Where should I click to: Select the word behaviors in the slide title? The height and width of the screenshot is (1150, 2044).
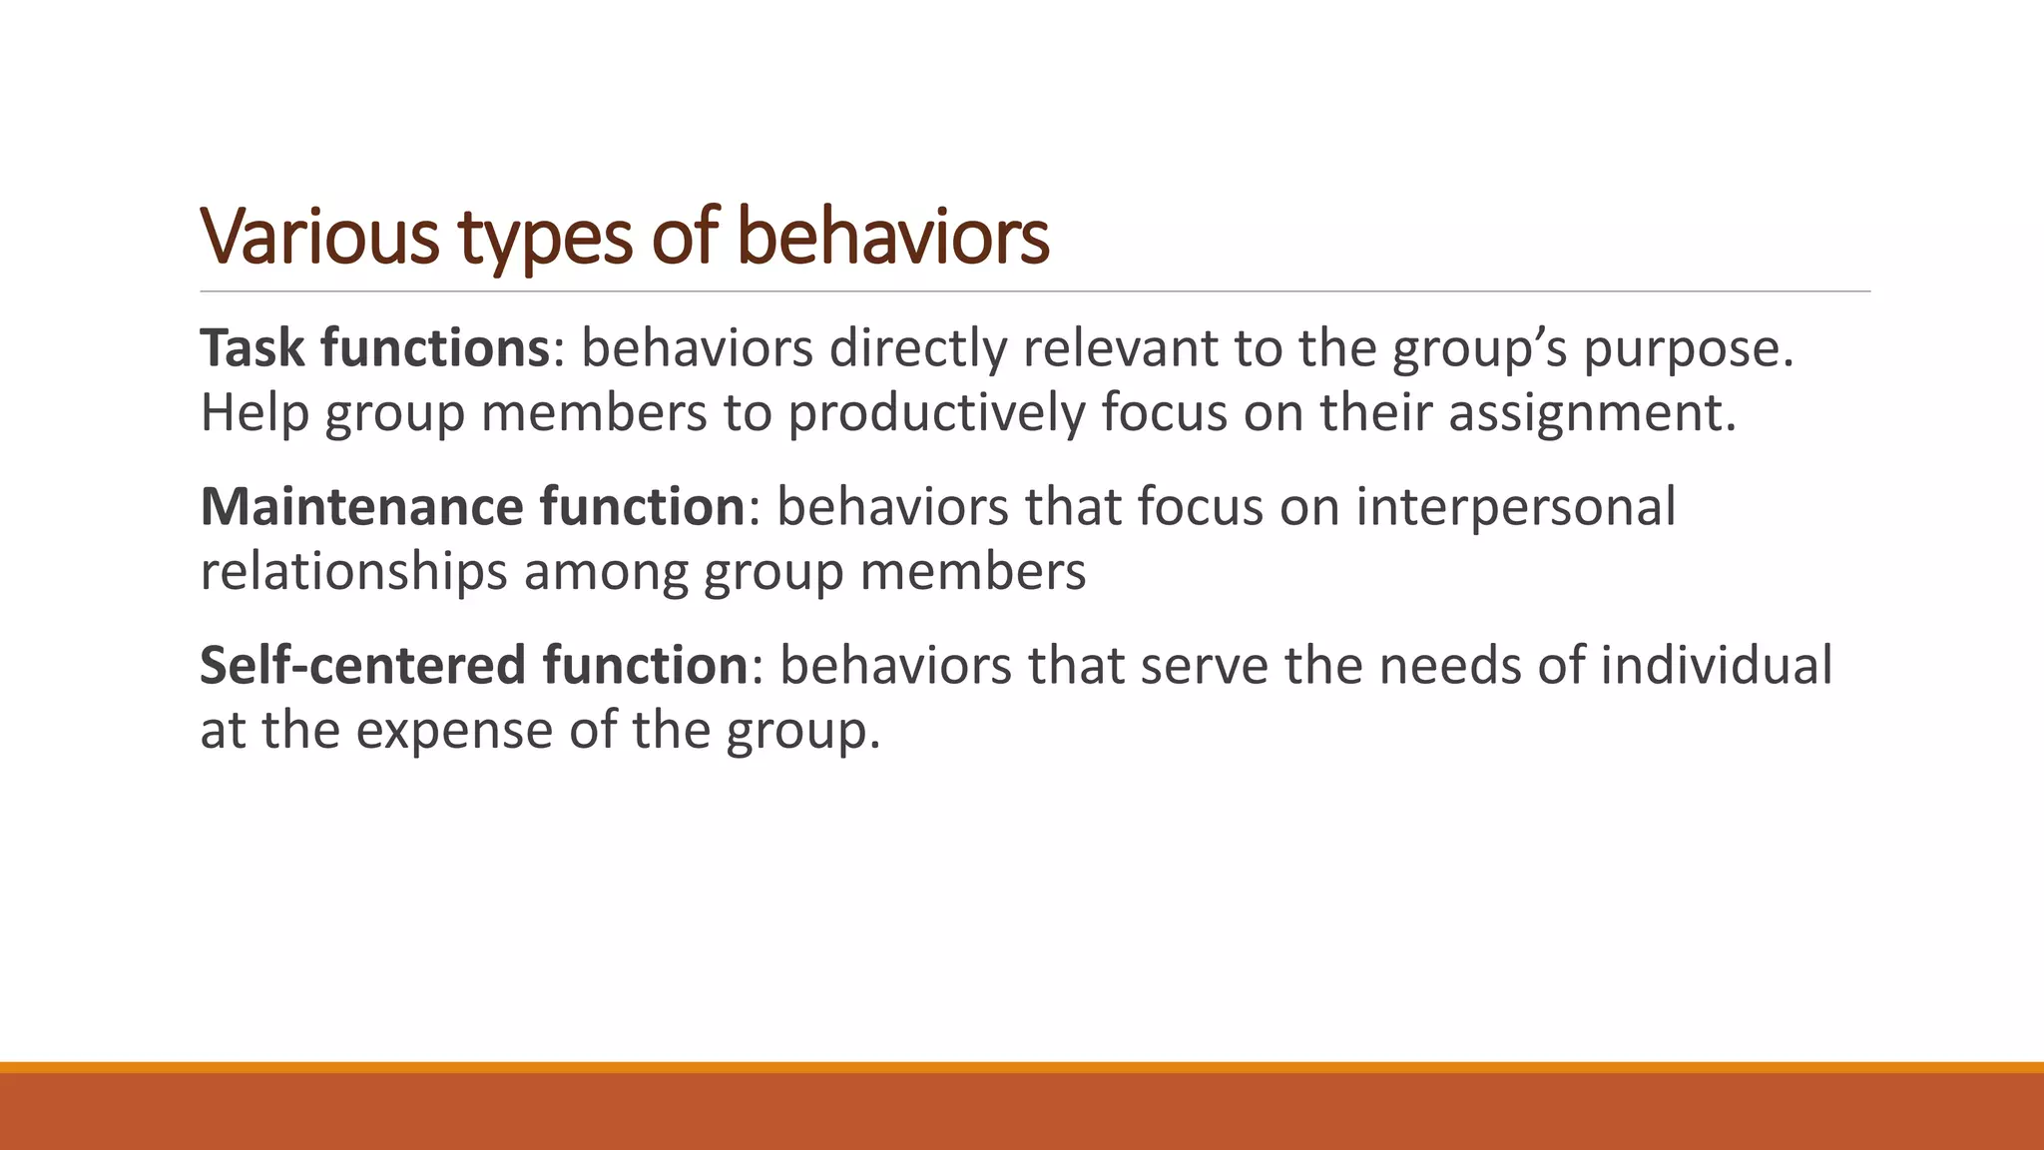893,237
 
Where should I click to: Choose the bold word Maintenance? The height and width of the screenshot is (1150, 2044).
361,507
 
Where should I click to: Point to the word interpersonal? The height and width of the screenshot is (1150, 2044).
1516,507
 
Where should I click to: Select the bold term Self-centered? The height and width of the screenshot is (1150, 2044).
362,665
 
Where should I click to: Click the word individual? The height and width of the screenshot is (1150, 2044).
1717,665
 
